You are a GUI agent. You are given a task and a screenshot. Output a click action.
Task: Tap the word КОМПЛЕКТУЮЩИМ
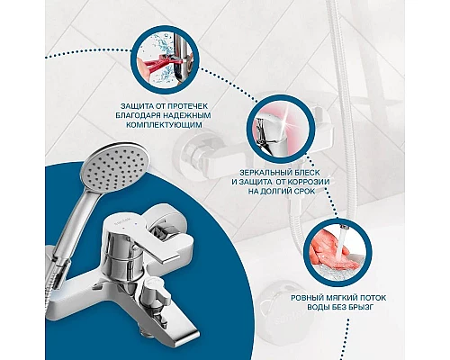coord(164,125)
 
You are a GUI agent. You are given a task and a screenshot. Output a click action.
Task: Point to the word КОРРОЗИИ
coord(309,182)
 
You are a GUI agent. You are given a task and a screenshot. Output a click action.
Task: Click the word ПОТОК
coord(372,298)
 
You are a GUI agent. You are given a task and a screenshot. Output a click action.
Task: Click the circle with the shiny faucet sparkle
coord(281,130)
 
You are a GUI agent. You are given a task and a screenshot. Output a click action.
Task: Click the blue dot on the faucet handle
coord(136,224)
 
